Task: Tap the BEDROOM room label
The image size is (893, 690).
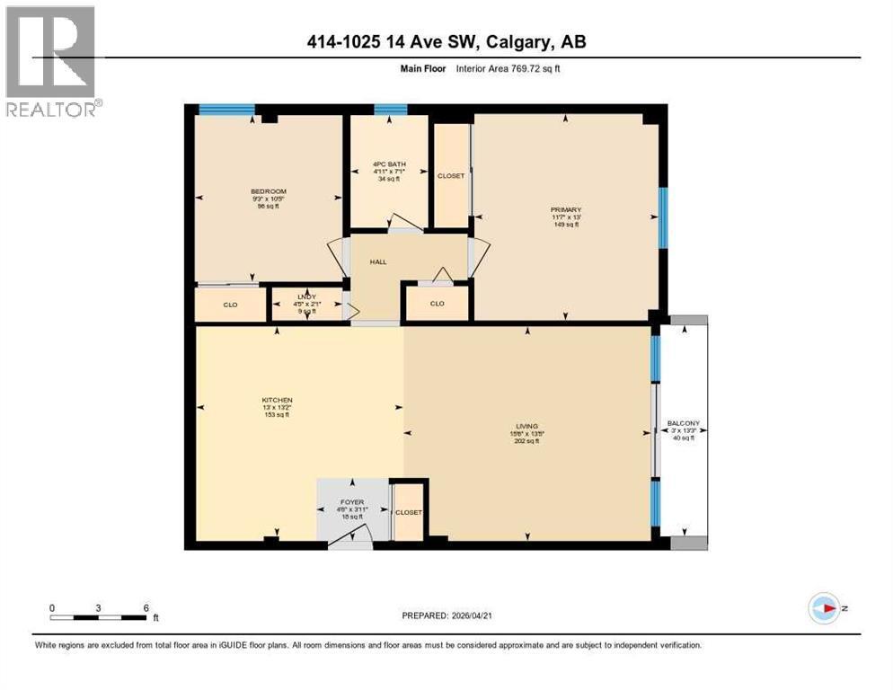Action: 269,191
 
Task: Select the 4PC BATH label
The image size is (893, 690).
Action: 390,164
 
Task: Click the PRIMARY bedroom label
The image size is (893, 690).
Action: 566,210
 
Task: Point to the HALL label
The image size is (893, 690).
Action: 378,261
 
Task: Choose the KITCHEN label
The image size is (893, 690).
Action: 278,401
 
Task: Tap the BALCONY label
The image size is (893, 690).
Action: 684,424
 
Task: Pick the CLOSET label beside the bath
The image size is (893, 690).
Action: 451,176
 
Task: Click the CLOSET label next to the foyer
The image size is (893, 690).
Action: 409,512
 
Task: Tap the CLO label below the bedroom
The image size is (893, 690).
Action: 231,305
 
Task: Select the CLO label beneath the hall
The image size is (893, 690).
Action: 437,304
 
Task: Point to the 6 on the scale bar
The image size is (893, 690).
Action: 146,607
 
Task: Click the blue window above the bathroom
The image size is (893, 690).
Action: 391,111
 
